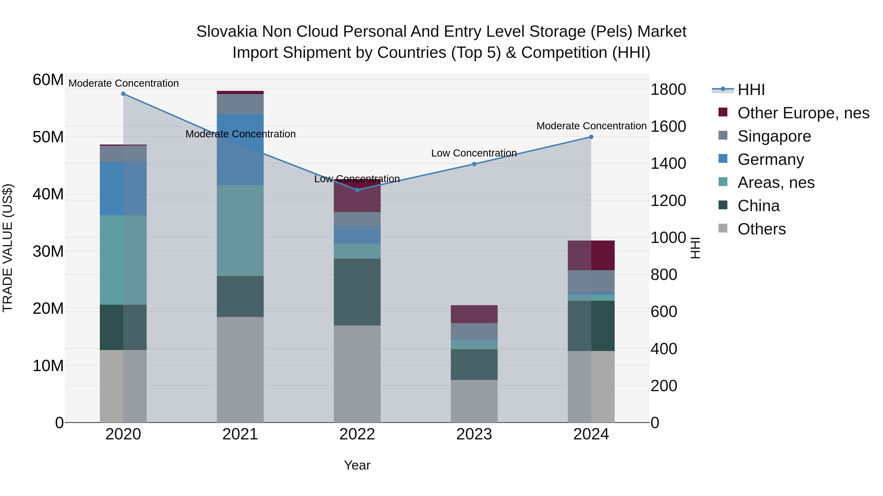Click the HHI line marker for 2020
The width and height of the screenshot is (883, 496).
123,94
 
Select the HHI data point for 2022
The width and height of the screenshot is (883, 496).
357,190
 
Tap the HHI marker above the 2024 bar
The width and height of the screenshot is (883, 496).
591,137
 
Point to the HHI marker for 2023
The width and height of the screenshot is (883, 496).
474,164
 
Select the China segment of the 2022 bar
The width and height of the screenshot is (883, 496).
357,292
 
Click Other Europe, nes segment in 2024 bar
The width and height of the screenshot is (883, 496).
591,255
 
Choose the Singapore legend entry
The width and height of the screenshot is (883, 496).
774,136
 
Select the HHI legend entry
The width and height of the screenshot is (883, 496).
751,90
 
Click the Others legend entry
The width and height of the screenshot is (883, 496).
761,229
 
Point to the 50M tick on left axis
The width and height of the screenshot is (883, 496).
48,137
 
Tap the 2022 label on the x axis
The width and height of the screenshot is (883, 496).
357,434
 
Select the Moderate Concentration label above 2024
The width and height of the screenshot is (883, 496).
591,126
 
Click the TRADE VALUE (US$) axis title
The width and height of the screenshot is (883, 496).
8,248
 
